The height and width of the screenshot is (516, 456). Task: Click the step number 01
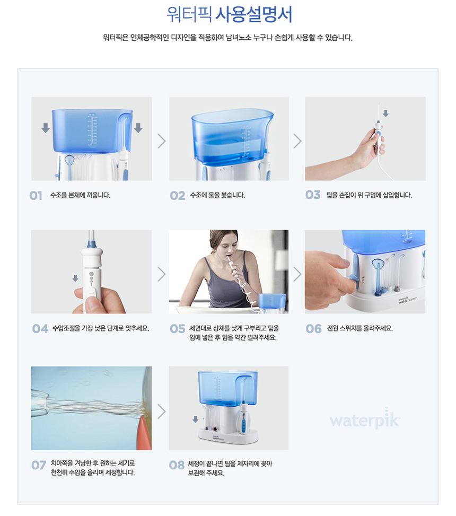coord(36,196)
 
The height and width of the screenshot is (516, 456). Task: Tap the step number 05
coord(177,329)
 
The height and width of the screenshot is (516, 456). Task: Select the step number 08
coord(177,465)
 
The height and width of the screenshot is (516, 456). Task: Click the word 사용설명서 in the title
coord(253,15)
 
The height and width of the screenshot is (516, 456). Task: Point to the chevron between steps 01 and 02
coord(161,141)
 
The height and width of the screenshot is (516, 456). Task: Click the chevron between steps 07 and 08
coord(161,412)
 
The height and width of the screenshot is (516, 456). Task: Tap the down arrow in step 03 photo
coord(385,113)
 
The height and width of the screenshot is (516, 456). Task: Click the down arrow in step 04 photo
coord(75,278)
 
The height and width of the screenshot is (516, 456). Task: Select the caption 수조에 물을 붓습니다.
coord(217,195)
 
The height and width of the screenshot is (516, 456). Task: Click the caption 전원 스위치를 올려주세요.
coord(360,328)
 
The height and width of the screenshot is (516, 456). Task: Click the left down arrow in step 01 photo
coord(46,128)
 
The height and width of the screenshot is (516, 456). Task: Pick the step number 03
coord(312,195)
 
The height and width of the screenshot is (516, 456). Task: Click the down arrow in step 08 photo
coord(196,419)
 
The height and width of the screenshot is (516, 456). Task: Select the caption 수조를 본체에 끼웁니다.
coord(80,195)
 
